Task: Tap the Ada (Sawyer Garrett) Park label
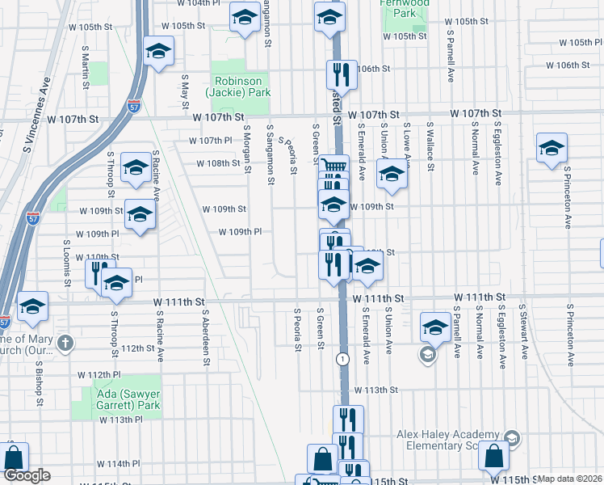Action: (x=116, y=388)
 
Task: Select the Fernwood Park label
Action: (x=404, y=8)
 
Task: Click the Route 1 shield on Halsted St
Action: (x=344, y=358)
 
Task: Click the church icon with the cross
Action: (x=65, y=343)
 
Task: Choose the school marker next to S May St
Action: (x=159, y=52)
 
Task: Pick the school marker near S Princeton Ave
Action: (x=552, y=148)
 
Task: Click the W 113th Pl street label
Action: (x=121, y=420)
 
